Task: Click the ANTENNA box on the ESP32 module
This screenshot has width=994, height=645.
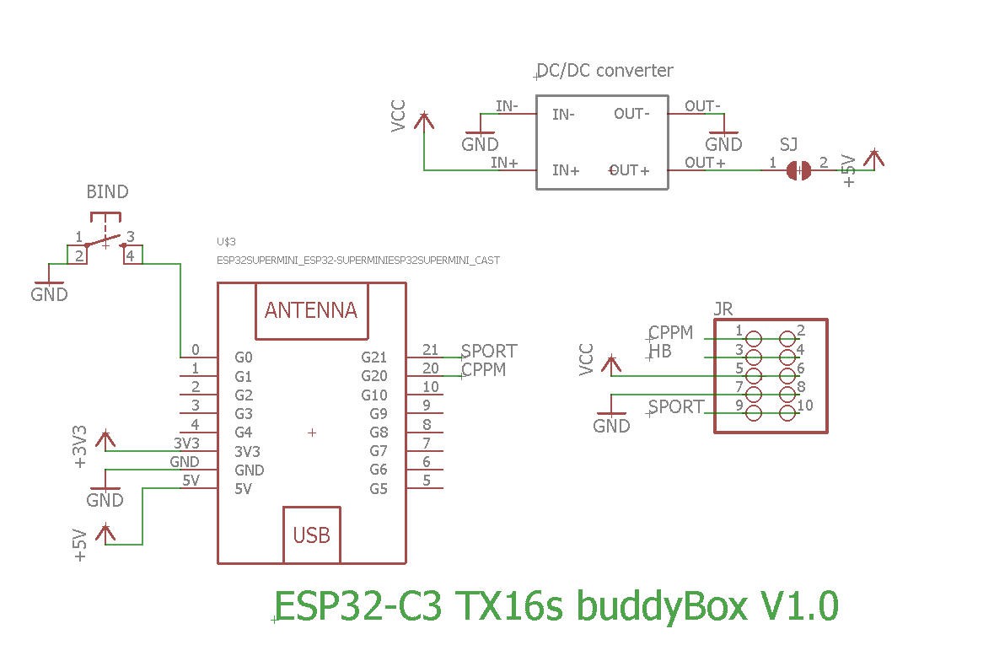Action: (x=311, y=310)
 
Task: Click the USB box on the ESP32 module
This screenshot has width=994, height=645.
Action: (x=311, y=535)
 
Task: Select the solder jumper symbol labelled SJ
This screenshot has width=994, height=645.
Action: (x=798, y=169)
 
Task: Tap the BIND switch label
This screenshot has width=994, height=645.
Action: (x=107, y=192)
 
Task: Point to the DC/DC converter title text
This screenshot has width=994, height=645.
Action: (x=605, y=70)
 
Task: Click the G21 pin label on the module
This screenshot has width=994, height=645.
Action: (x=373, y=357)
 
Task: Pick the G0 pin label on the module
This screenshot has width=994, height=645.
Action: (x=243, y=357)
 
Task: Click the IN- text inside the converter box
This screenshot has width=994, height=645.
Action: (x=563, y=115)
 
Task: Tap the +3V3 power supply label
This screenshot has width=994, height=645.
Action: (x=80, y=447)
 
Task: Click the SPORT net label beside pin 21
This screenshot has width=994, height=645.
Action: (x=489, y=351)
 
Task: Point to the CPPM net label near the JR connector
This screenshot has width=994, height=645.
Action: (x=671, y=333)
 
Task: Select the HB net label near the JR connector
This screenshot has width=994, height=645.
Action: (x=661, y=352)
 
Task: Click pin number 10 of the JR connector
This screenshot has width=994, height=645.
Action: (x=805, y=406)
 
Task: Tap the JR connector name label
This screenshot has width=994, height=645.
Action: (x=723, y=309)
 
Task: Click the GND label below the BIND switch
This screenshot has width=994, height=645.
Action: (x=49, y=295)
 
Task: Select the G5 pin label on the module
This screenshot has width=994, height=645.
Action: (x=379, y=489)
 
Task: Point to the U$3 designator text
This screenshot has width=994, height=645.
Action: (x=227, y=242)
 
